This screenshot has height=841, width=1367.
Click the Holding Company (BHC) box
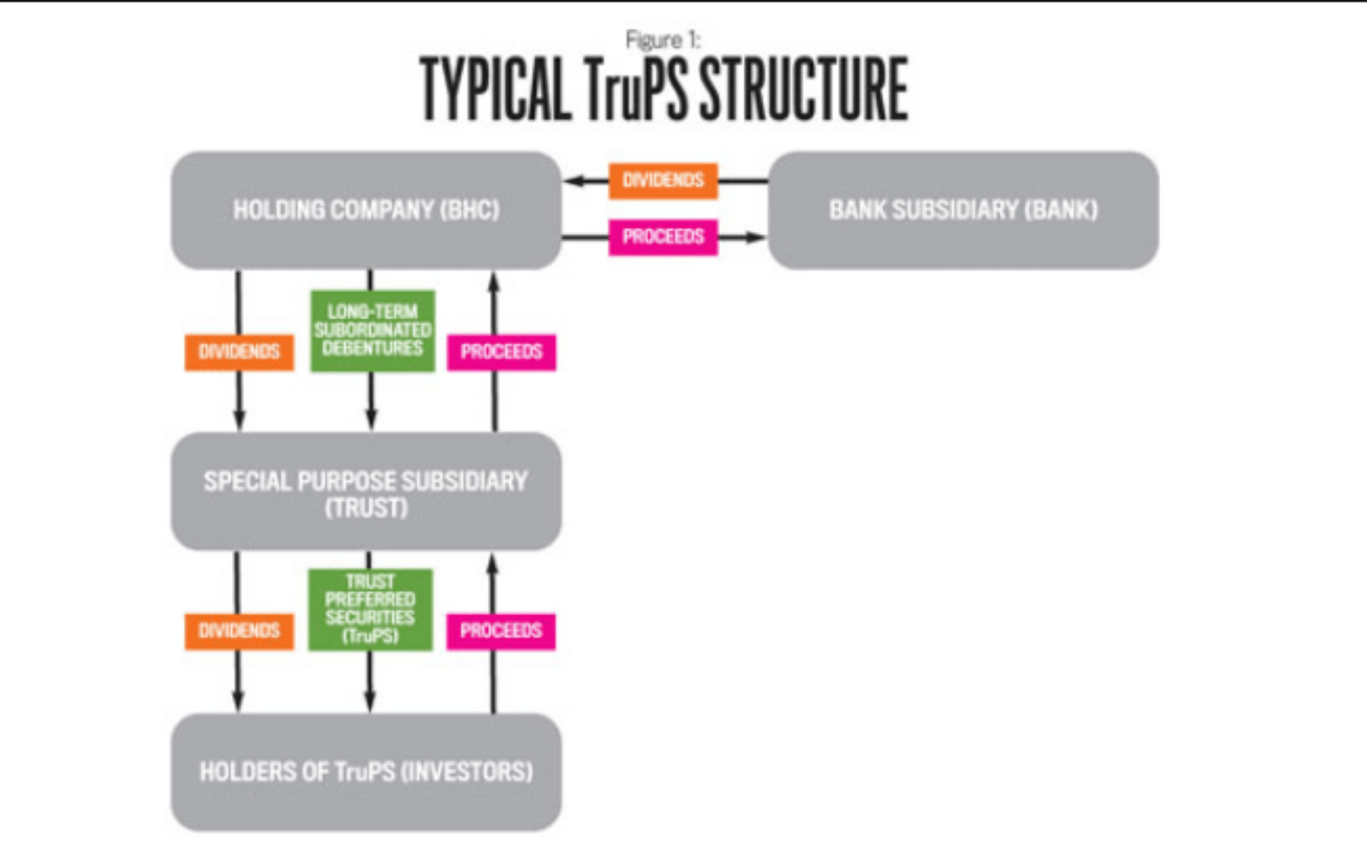click(366, 210)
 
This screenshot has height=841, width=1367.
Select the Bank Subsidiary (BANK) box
click(963, 210)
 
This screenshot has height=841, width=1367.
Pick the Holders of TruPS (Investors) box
click(366, 772)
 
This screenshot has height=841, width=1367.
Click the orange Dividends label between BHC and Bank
click(663, 181)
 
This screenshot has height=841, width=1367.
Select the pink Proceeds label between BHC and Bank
click(663, 237)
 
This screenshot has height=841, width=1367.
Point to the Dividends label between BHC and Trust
click(239, 352)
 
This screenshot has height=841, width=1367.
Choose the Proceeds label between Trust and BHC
click(501, 352)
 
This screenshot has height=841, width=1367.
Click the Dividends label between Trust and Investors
click(239, 631)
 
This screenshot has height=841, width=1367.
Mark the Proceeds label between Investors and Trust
click(501, 631)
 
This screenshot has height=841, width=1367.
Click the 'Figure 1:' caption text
click(663, 40)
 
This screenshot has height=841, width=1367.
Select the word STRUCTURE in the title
click(804, 90)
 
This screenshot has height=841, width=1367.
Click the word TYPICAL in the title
click(495, 90)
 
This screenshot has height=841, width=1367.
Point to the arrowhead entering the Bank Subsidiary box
click(757, 238)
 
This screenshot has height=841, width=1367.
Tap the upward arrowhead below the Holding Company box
click(494, 282)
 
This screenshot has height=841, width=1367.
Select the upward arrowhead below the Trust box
click(493, 563)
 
